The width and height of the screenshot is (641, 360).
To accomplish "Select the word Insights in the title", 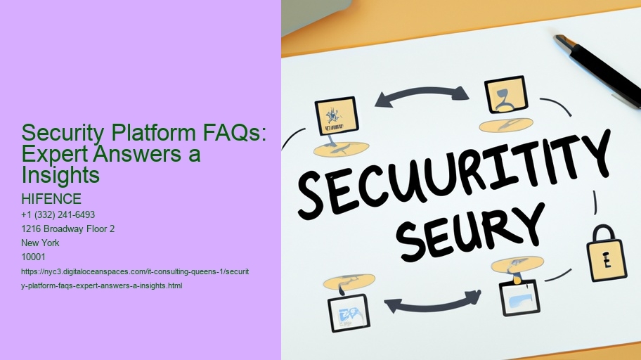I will (61, 174).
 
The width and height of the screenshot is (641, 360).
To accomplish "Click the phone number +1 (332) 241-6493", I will (58, 214).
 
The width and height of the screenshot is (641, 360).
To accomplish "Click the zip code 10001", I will (34, 257).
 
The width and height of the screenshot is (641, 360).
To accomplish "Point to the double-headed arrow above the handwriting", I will (421, 96).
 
